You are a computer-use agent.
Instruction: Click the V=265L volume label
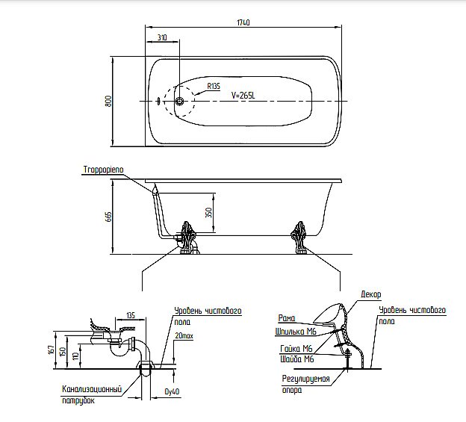point(245,95)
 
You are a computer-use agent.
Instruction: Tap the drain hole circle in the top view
point(179,102)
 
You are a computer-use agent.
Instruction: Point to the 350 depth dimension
point(220,212)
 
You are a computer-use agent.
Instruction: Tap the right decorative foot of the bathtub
point(300,234)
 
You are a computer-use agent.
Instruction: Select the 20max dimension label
point(183,338)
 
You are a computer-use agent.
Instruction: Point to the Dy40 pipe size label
point(171,391)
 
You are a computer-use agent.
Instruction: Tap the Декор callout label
point(370,295)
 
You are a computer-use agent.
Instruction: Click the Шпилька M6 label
point(294,332)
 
